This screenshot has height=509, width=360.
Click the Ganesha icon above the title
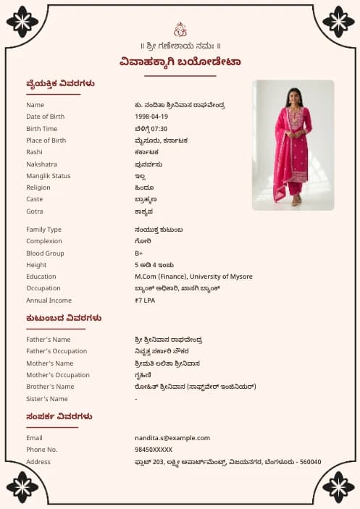[180, 30]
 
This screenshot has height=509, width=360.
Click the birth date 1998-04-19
[151, 117]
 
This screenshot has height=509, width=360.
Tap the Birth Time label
[41, 129]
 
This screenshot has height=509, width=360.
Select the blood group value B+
[138, 253]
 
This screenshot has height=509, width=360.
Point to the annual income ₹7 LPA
[145, 300]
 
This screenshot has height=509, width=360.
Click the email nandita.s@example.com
[172, 438]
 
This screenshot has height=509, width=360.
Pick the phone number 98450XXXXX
[154, 450]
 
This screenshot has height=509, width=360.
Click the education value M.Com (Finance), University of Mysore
[193, 277]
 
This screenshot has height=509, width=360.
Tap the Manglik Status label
[48, 176]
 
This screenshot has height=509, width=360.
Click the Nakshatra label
[41, 164]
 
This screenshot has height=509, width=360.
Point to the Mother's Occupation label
[58, 375]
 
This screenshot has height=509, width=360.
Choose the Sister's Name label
[46, 399]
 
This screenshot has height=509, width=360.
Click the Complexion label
[44, 241]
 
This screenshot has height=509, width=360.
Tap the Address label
[38, 462]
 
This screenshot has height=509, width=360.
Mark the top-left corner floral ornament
[22, 22]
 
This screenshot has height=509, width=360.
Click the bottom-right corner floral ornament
[338, 487]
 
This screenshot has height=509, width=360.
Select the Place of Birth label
[46, 140]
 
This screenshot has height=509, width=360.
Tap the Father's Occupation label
[56, 351]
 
